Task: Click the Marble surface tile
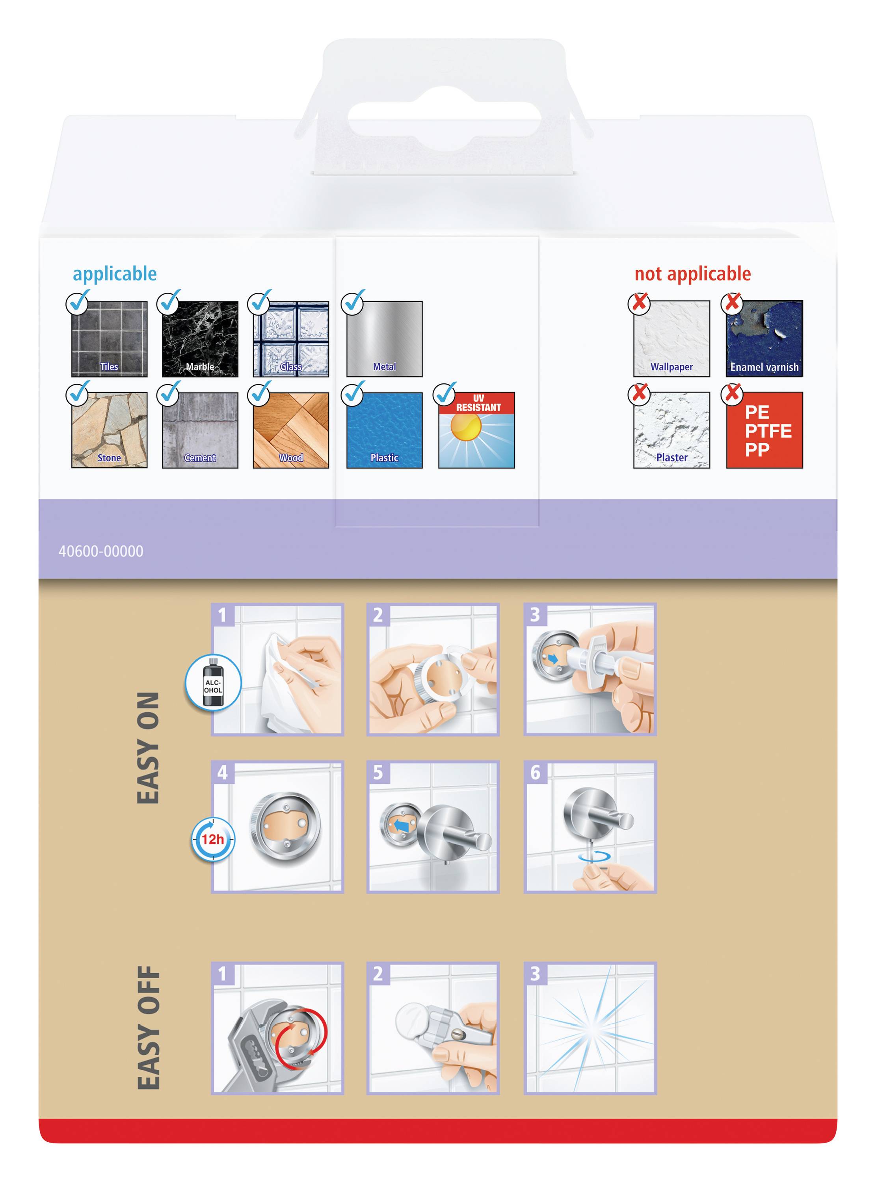tap(200, 339)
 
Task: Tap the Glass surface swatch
tap(290, 339)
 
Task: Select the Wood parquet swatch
tap(290, 430)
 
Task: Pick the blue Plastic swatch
tap(385, 430)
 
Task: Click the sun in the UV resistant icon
tap(465, 427)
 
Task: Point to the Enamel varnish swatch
tap(764, 339)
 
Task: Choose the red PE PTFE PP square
tap(764, 430)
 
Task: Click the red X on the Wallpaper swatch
tap(640, 302)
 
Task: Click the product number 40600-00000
tap(101, 551)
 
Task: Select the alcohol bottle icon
tap(213, 682)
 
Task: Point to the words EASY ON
tap(148, 747)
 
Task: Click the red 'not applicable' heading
tap(692, 273)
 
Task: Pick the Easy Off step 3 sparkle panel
tap(590, 1028)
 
